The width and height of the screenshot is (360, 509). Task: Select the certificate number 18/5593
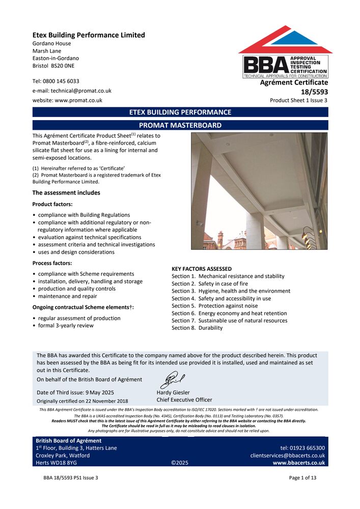[315, 92]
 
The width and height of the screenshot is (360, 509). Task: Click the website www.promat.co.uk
[78, 100]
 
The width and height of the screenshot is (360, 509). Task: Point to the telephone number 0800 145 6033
[61, 81]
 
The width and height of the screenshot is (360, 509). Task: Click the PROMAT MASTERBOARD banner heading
[180, 125]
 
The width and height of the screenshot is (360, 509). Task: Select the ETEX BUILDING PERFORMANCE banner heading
[180, 112]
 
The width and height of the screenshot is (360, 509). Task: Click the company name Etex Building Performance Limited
[89, 35]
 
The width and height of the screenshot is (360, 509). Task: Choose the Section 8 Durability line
[197, 328]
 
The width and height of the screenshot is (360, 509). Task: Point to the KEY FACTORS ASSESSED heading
[202, 269]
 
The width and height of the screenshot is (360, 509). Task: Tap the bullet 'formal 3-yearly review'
[66, 326]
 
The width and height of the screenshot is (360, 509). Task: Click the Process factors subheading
[52, 263]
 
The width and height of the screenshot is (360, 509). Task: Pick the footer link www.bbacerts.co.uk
[298, 463]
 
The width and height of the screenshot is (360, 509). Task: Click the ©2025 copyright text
[180, 463]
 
